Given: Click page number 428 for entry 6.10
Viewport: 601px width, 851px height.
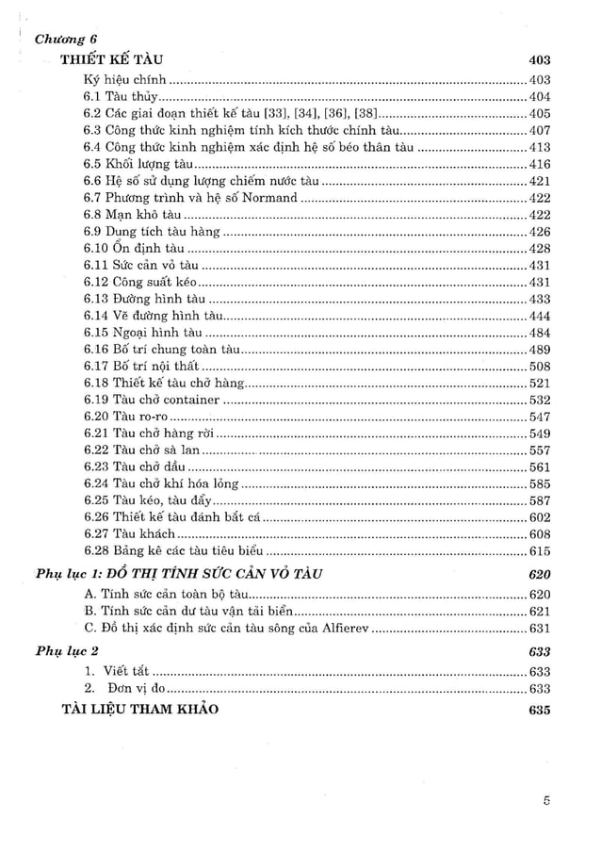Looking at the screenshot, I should point(539,249).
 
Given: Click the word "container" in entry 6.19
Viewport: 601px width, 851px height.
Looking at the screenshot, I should point(193,401).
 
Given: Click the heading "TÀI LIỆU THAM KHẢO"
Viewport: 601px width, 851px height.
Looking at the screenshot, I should point(139,710).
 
